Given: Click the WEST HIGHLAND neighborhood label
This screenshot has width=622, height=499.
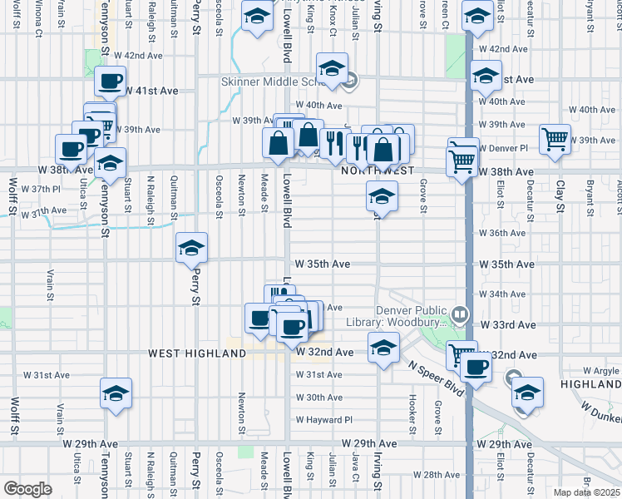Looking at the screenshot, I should [x=198, y=353].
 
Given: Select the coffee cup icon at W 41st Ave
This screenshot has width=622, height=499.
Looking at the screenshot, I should [x=110, y=82].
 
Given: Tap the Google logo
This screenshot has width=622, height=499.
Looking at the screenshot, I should [x=27, y=488].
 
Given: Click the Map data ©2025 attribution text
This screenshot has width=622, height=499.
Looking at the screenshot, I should [x=587, y=492].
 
